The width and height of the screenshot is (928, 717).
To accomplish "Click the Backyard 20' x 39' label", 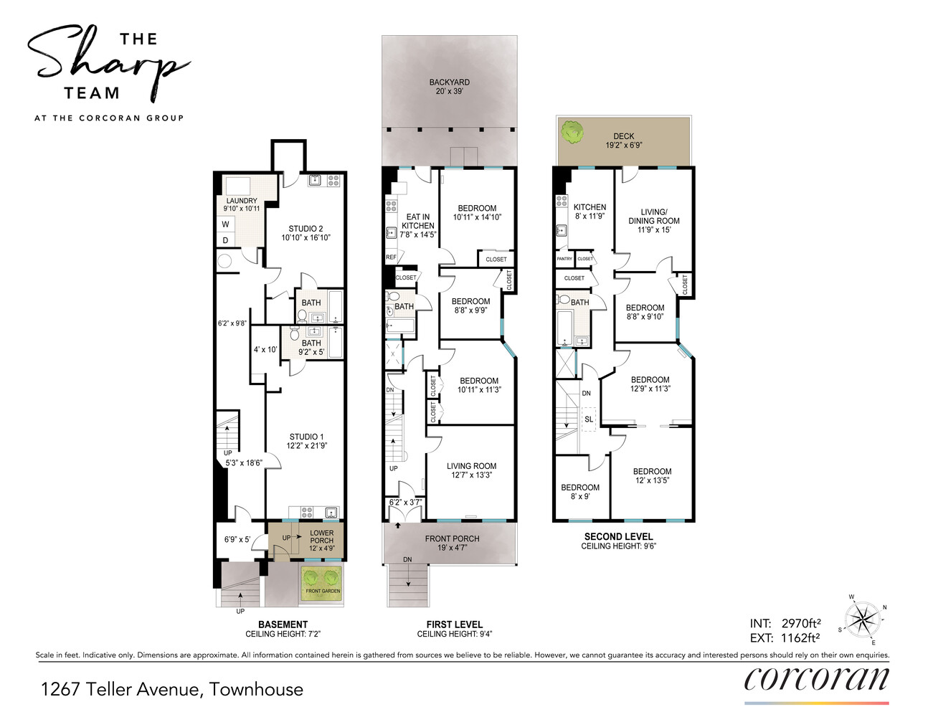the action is point(449,87).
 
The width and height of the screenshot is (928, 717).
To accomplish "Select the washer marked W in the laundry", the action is point(225,224).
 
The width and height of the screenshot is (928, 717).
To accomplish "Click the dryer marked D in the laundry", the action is point(225,240).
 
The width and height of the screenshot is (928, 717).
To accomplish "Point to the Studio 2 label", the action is point(306,233).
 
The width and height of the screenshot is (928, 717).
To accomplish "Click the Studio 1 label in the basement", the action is point(307,441).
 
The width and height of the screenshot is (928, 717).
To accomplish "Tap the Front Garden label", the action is point(323,591).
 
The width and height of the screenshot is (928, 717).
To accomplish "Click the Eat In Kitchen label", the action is point(417,225).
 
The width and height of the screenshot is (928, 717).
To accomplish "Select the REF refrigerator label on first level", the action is point(391,257).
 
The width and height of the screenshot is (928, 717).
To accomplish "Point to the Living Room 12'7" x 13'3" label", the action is point(471,470).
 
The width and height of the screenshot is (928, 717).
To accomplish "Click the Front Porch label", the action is point(452,543).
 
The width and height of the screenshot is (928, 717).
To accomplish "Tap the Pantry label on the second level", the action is point(564,259).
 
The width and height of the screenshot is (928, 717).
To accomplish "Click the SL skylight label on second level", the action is point(589,419).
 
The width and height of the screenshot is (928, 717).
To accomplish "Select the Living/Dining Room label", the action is point(654,221).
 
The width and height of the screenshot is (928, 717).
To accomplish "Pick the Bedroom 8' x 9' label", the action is point(580,492).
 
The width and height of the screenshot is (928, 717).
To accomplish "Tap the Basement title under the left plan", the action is point(283,625).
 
